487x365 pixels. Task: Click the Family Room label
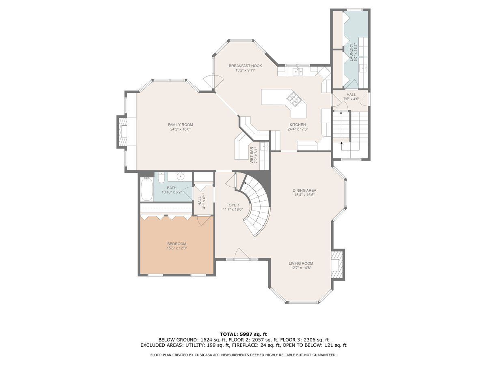coord(180,125)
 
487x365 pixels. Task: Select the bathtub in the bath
coord(147,189)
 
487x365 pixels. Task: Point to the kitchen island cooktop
coord(294,100)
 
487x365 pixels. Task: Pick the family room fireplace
coord(122,132)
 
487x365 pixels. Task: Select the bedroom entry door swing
coord(203,221)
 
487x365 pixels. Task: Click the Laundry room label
coord(351,53)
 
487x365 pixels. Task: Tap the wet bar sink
coord(264,146)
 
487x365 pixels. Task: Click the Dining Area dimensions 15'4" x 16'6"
coord(304,195)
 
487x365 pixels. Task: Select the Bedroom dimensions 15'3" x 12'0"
coord(177,248)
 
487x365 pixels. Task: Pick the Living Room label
coord(301,263)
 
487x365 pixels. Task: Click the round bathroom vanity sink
coord(181,177)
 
